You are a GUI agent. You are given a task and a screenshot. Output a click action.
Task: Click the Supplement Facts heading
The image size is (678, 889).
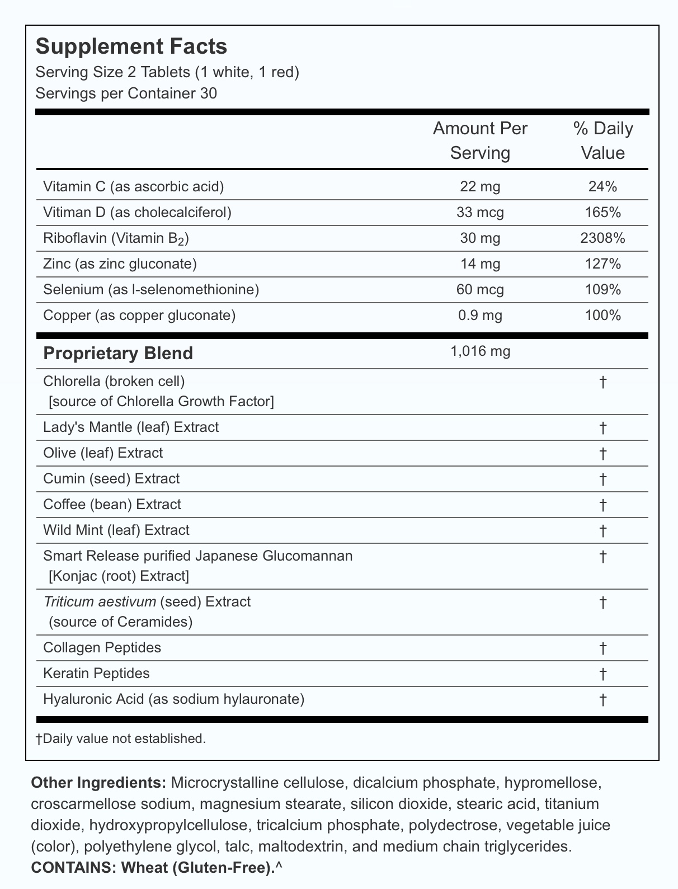tap(131, 46)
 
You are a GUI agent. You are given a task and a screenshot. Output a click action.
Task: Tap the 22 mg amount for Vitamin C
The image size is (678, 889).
tap(480, 187)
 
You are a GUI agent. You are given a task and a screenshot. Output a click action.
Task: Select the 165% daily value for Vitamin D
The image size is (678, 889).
tap(602, 213)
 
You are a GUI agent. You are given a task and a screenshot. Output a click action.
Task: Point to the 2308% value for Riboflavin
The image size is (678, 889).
tap(602, 238)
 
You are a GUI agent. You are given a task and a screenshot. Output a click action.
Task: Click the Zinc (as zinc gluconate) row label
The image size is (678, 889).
tap(120, 264)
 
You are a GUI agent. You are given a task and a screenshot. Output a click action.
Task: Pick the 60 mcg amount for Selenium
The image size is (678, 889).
tap(480, 290)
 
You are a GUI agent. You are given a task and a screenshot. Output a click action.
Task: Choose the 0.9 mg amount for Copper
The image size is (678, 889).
tap(480, 316)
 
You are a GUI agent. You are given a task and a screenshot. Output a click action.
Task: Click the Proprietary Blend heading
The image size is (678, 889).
tap(118, 354)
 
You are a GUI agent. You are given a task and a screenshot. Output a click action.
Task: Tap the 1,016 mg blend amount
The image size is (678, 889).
tap(480, 352)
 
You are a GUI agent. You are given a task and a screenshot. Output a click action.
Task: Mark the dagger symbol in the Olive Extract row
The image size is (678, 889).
tap(602, 453)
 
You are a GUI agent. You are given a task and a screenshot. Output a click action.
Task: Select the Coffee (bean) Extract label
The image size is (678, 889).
tap(112, 505)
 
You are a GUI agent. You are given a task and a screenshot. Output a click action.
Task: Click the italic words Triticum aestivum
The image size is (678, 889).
tap(99, 602)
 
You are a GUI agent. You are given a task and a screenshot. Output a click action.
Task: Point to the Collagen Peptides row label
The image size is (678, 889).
tap(102, 648)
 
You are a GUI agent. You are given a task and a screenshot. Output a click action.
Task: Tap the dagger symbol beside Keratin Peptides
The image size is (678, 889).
tap(602, 674)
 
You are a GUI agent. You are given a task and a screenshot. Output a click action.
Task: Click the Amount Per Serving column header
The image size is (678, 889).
tap(480, 141)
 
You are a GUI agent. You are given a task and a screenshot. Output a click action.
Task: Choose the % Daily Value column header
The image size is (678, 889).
tap(602, 141)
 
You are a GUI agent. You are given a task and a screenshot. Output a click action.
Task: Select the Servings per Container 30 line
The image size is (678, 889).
tap(126, 93)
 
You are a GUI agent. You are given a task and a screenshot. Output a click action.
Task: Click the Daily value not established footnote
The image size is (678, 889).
tap(121, 739)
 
